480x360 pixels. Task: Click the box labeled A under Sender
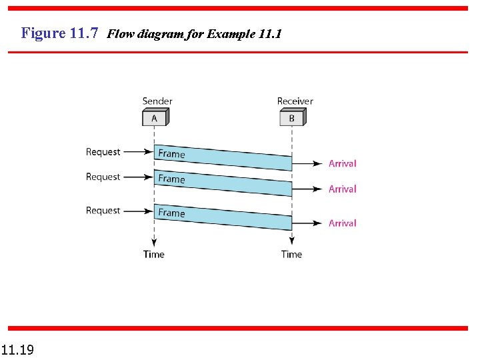[154, 118]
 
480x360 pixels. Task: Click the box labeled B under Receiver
[292, 118]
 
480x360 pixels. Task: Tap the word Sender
[157, 101]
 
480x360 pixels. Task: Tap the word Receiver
[295, 101]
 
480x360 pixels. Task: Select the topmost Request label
[103, 152]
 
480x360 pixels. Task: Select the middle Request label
[103, 177]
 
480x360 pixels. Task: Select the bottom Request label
[103, 211]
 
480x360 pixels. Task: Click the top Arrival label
[343, 163]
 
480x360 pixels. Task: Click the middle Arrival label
[343, 189]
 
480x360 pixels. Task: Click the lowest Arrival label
[343, 223]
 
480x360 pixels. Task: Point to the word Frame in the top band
[171, 154]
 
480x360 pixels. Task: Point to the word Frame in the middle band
[171, 179]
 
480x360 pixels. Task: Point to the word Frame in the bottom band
[171, 213]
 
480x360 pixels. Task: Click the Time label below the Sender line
[154, 254]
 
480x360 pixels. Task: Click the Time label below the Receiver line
[292, 254]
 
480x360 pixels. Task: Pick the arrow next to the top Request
[138, 152]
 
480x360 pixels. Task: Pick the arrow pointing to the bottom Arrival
[307, 223]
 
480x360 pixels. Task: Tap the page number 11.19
[17, 349]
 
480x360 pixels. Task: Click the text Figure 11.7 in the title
[60, 33]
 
